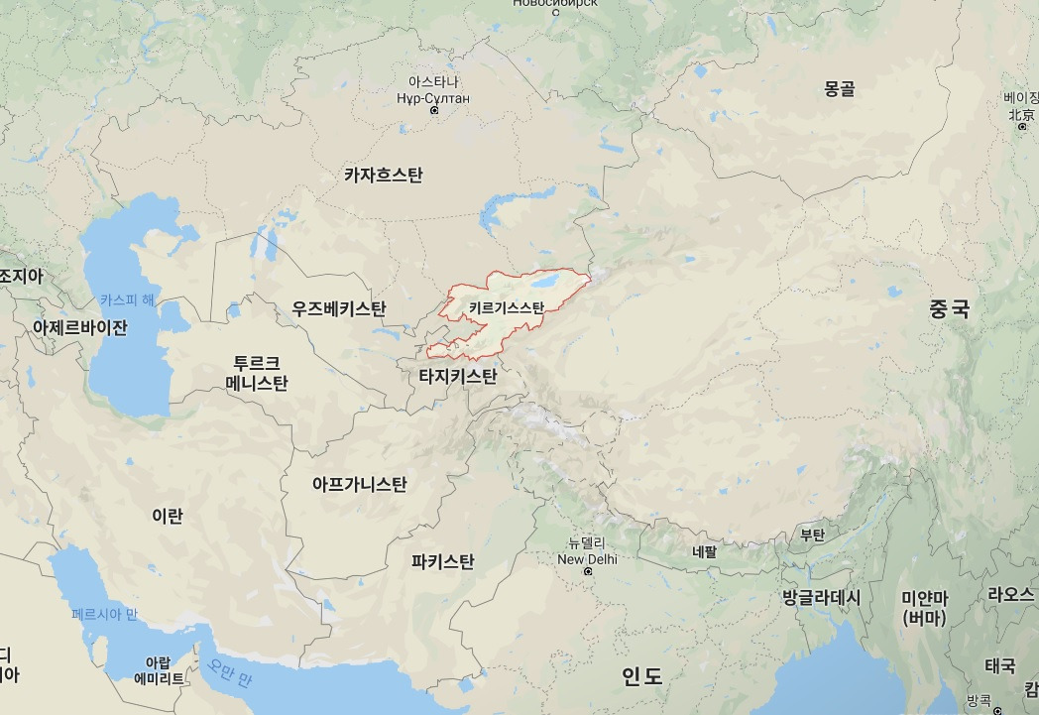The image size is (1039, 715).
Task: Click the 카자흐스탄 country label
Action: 383,175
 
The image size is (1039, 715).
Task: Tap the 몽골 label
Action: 839,89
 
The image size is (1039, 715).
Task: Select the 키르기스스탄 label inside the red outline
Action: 507,307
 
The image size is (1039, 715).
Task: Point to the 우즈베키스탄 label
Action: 338,308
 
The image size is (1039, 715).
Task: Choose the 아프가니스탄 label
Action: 359,485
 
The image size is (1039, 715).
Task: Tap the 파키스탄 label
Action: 442,561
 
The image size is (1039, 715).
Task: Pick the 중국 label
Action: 949,309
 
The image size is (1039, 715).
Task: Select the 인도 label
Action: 641,676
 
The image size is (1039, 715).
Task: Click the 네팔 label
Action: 705,551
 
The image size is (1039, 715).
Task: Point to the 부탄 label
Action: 812,536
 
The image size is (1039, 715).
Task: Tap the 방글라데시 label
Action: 821,598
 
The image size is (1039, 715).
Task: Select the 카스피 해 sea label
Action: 127,299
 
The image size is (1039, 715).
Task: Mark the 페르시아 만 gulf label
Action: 104,615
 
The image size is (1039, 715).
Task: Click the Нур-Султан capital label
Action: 432,99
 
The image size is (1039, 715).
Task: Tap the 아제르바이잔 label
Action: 79,326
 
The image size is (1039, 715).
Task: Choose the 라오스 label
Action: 1009,594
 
